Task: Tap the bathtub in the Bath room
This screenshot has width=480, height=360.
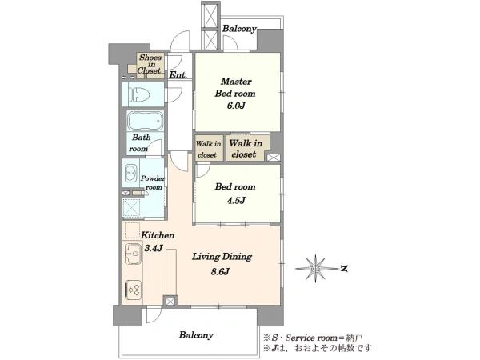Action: [145, 122]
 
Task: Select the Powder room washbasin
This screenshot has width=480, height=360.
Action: [130, 174]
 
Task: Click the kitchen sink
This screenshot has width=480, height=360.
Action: [133, 254]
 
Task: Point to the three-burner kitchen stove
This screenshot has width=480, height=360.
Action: [134, 290]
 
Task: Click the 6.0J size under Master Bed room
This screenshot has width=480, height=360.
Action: [236, 106]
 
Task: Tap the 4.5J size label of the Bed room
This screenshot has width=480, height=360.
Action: [236, 201]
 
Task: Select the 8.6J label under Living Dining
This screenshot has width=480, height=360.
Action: [221, 271]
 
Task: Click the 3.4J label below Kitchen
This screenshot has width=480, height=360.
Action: [154, 248]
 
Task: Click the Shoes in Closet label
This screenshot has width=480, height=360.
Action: [150, 64]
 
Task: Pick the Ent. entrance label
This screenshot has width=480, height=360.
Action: [178, 74]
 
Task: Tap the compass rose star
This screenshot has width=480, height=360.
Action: [316, 269]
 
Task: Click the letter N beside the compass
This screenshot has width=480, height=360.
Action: [344, 269]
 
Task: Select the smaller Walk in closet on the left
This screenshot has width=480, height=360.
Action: [209, 149]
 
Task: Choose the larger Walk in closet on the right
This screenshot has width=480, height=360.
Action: [246, 149]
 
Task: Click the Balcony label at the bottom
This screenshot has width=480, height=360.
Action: [196, 335]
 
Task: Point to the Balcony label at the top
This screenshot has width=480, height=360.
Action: [239, 29]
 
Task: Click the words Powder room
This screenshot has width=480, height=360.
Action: [153, 182]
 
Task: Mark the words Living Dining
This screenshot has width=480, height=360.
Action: [222, 257]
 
